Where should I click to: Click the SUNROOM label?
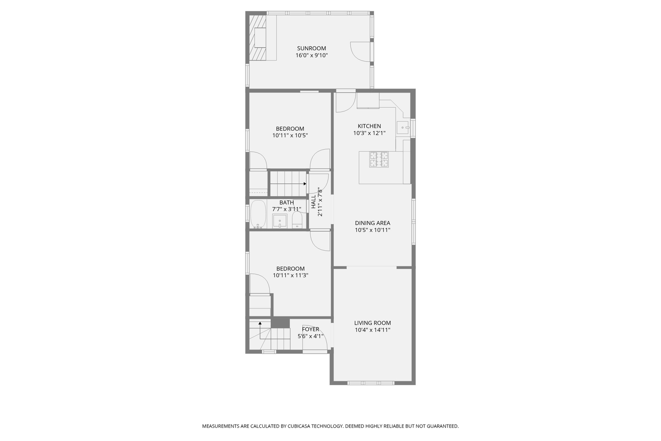311,48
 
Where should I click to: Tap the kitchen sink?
403,128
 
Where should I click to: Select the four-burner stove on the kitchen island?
379,159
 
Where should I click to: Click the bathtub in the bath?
258,214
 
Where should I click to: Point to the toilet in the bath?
297,221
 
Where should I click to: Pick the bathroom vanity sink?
280,221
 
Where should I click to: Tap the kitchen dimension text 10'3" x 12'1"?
369,133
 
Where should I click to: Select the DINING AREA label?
372,223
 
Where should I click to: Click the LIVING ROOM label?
372,323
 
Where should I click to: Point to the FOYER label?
311,329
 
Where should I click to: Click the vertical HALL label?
313,202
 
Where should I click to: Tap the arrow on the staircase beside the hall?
304,184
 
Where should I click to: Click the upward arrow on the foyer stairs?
260,323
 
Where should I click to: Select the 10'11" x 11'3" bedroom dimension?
290,275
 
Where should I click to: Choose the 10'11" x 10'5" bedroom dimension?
290,135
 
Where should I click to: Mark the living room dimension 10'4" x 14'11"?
372,330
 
